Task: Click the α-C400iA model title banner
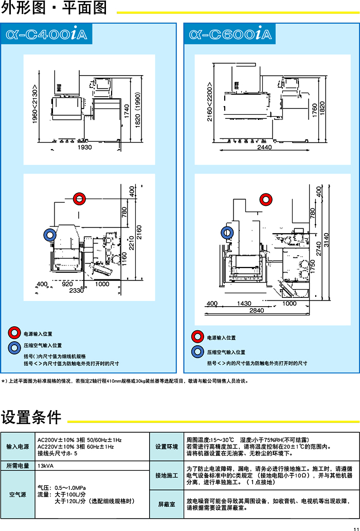46,34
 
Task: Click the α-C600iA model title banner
230,34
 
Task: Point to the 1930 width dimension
85,147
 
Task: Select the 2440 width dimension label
264,147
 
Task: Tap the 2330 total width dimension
76,291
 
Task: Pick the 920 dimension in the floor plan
67,284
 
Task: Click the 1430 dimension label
244,304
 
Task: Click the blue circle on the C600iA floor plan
227,233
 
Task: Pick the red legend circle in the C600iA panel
197,338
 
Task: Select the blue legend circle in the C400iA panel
14,346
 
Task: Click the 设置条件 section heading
31,417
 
